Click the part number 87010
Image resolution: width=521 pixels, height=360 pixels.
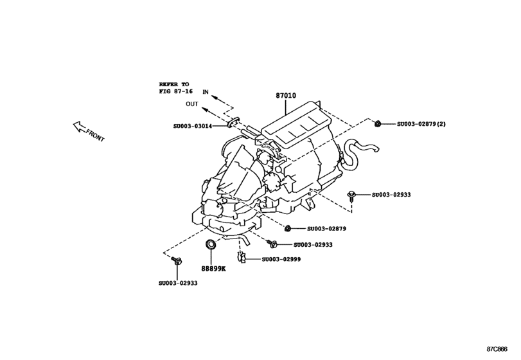[286, 96]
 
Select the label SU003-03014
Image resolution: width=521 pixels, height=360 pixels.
[195, 126]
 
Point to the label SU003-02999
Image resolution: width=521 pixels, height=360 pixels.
[280, 259]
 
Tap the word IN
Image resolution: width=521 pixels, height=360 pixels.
[206, 93]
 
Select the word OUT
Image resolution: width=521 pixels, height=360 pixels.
[192, 104]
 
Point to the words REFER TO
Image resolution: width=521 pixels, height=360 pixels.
[175, 84]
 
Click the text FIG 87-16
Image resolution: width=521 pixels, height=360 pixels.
[176, 92]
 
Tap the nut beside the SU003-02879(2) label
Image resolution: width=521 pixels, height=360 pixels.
[379, 123]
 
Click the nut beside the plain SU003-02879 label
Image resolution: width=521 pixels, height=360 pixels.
[288, 228]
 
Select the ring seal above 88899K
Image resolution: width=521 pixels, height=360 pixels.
[210, 245]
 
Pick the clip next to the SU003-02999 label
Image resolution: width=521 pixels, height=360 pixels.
[241, 258]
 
